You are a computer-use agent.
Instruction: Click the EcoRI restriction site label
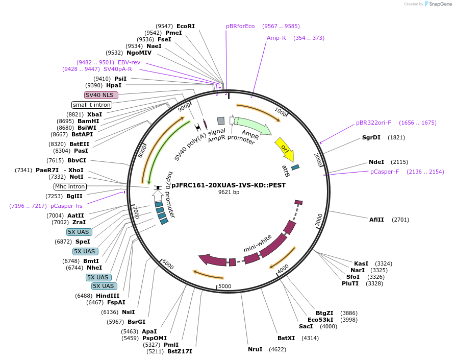pos(186,26)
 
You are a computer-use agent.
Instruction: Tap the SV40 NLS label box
pos(101,95)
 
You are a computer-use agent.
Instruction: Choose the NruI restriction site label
pos(255,349)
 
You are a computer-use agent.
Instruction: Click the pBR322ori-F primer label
pos(374,123)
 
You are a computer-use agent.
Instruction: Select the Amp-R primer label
pos(276,38)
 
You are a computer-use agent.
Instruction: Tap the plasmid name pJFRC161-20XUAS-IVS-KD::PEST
pos(229,185)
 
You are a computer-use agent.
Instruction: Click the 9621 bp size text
pos(229,193)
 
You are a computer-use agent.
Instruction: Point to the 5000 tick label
pos(224,286)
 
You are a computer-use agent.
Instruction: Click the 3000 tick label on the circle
pos(319,220)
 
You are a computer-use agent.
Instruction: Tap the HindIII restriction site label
pos(107,296)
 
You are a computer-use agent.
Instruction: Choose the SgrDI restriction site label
pos(371,137)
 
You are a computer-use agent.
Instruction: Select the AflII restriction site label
pos(378,220)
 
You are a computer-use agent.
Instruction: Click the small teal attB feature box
pos(295,167)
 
